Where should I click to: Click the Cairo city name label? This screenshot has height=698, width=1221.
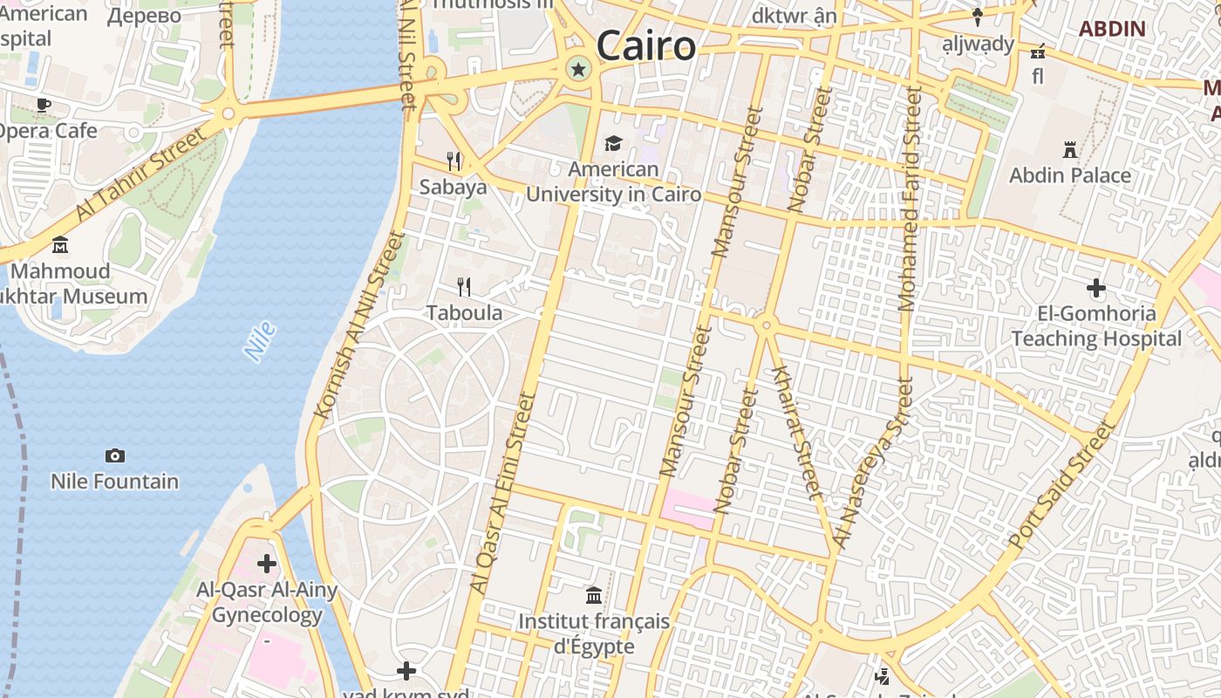click(x=646, y=45)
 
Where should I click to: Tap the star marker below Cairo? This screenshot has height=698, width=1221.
click(x=577, y=69)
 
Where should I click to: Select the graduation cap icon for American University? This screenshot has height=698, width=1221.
click(x=614, y=143)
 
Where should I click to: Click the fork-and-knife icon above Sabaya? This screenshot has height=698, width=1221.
click(x=454, y=161)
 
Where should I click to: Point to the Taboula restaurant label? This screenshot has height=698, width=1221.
click(x=464, y=312)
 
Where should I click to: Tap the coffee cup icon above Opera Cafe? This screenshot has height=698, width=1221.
click(x=43, y=106)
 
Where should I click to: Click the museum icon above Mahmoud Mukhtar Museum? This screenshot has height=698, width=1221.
click(x=60, y=245)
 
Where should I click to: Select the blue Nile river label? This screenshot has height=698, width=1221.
click(x=260, y=341)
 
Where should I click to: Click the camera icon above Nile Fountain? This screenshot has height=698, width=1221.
click(x=114, y=455)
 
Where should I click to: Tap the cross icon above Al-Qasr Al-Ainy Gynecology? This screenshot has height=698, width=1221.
click(x=267, y=564)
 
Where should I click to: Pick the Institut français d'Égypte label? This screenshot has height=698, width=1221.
click(x=594, y=634)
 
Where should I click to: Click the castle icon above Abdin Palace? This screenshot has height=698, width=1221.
click(x=1070, y=150)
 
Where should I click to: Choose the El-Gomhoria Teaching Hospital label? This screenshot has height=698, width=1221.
click(x=1096, y=326)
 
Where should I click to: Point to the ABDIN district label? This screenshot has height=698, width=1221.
click(x=1112, y=28)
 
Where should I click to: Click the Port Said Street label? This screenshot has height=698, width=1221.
click(x=1062, y=485)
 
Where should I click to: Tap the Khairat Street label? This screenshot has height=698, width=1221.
click(x=796, y=431)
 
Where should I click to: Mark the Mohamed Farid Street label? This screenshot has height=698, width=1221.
click(x=909, y=199)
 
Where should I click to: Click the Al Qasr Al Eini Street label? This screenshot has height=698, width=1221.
click(x=501, y=493)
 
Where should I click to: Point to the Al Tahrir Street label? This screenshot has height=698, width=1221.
click(x=140, y=174)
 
